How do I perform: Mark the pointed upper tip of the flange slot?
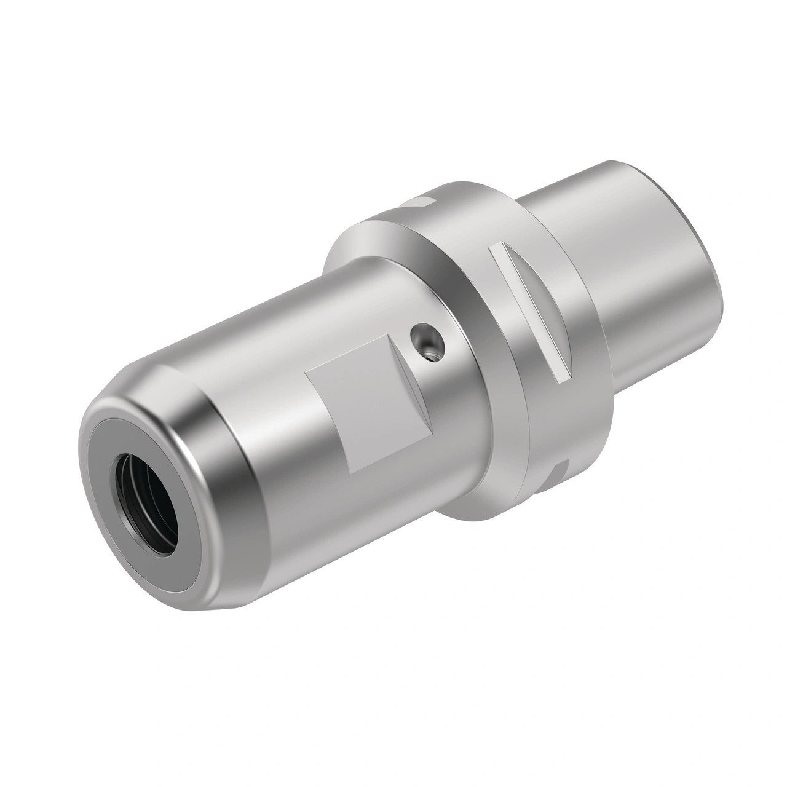[499, 247]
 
